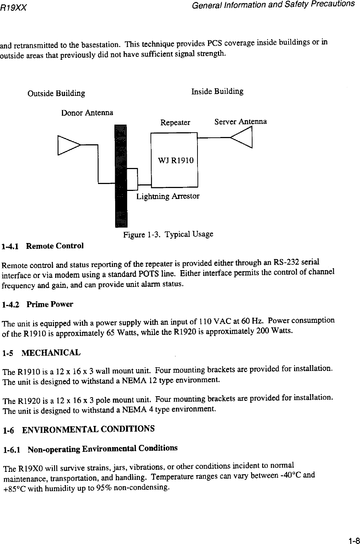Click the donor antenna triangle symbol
(68, 145)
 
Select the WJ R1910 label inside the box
(176, 160)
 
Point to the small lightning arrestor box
(132, 179)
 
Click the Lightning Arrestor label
(168, 197)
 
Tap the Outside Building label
(56, 94)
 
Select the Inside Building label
(218, 91)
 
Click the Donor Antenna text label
(87, 113)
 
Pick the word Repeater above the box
(175, 122)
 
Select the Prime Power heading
(50, 304)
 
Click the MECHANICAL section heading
(51, 353)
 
